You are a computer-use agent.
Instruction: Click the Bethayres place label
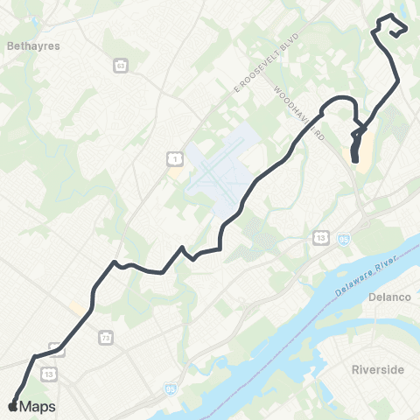tap(32, 46)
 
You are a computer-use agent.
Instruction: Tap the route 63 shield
tap(121, 65)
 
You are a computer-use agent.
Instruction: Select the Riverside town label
tap(377, 370)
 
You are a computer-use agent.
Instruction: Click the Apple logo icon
tap(12, 406)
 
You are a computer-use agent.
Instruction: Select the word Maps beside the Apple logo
tap(38, 406)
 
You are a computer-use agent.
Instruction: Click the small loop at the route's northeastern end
tap(392, 26)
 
